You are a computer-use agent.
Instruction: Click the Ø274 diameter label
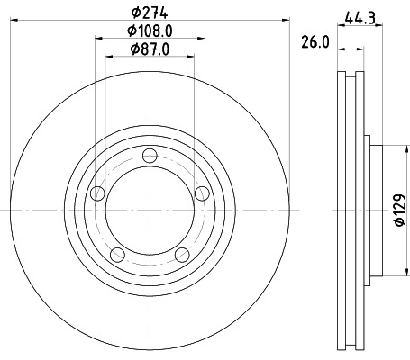tap(150, 13)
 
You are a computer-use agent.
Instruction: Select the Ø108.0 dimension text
tap(150, 31)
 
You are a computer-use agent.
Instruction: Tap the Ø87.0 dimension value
tap(150, 49)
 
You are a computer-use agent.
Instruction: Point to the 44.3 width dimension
tap(360, 18)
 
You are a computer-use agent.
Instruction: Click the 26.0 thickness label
tap(315, 42)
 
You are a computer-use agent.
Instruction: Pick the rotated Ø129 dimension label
tap(400, 210)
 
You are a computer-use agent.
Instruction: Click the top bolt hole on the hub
tap(150, 156)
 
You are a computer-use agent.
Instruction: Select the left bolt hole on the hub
tap(97, 193)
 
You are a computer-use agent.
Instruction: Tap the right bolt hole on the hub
tap(202, 193)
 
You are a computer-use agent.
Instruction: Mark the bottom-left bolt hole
tap(117, 255)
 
